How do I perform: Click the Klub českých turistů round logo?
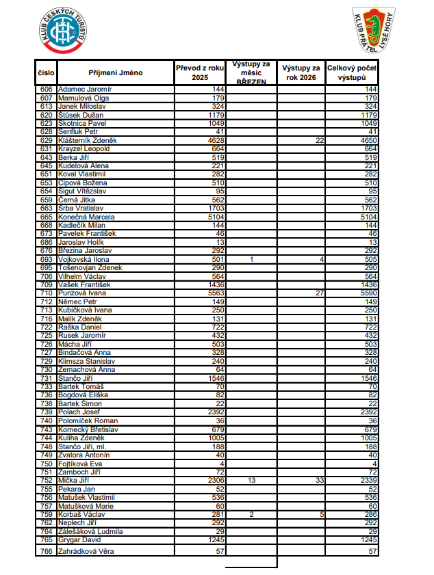pyautogui.click(x=62, y=31)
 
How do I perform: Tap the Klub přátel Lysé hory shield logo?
pyautogui.click(x=374, y=30)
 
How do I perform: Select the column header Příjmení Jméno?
pyautogui.click(x=115, y=72)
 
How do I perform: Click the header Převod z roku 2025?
pyautogui.click(x=200, y=72)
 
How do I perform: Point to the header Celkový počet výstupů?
pyautogui.click(x=352, y=72)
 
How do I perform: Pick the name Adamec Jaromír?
pyautogui.click(x=86, y=90)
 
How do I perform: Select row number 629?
pyautogui.click(x=47, y=140)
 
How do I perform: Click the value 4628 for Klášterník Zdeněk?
pyautogui.click(x=214, y=140)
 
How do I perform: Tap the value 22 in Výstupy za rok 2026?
pyautogui.click(x=319, y=140)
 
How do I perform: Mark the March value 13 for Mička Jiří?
pyautogui.click(x=251, y=481)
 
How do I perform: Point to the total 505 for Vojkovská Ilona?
pyautogui.click(x=370, y=259)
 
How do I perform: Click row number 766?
pyautogui.click(x=47, y=551)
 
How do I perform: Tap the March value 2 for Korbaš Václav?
pyautogui.click(x=251, y=514)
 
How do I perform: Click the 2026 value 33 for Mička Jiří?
pyautogui.click(x=319, y=481)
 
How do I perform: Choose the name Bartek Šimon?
pyautogui.click(x=80, y=404)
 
